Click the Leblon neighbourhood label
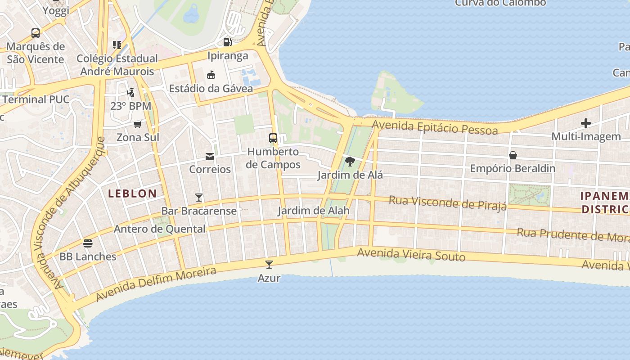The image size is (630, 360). (132, 194)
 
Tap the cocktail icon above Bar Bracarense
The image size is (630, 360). (198, 197)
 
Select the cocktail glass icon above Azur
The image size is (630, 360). (269, 264)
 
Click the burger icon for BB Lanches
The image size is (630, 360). (88, 243)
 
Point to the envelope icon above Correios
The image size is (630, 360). (210, 156)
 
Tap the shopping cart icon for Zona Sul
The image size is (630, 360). (138, 124)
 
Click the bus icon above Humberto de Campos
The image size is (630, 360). (273, 138)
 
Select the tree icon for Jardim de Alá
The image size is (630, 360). (350, 161)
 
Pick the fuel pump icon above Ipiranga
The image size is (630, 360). (228, 42)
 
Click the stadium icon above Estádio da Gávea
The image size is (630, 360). (211, 75)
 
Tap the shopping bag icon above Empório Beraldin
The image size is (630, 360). (513, 155)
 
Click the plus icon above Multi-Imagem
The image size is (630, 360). (585, 123)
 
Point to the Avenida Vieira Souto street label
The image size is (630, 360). (411, 255)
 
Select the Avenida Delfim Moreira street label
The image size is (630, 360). (156, 283)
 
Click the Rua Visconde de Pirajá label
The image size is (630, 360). (447, 202)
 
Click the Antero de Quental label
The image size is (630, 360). (159, 229)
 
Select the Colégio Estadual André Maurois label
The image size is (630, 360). (117, 65)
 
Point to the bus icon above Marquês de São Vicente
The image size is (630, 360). (36, 33)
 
